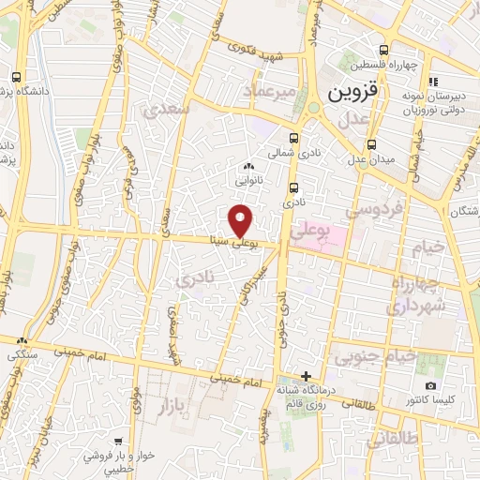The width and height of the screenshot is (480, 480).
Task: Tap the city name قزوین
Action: point(350,95)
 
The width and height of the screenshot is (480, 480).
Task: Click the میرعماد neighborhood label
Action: point(269,91)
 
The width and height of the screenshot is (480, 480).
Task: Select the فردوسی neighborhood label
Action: point(367,211)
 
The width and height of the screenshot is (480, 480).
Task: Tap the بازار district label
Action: point(170,406)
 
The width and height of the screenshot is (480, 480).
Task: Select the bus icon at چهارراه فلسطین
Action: point(383,51)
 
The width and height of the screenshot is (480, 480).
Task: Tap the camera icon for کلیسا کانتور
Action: point(430,386)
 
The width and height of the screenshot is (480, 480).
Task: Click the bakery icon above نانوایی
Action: point(247,166)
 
